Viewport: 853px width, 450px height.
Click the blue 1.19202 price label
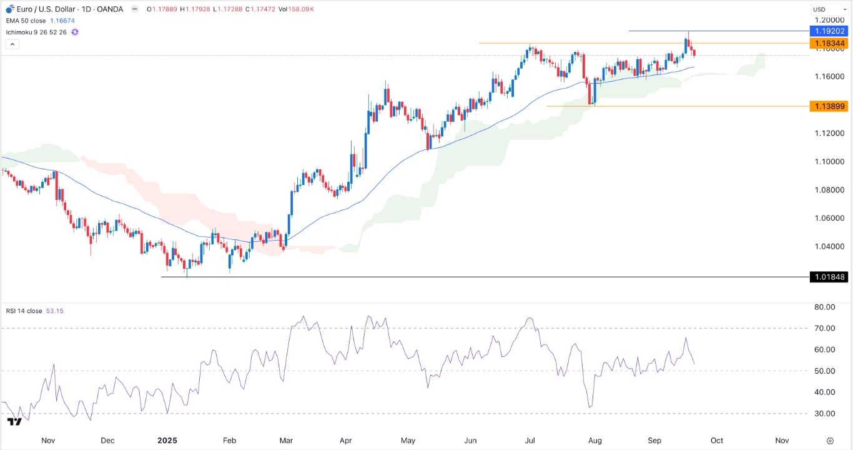tap(827, 31)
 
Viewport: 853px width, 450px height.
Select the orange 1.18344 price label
tap(827, 43)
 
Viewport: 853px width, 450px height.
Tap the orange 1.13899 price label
tap(827, 106)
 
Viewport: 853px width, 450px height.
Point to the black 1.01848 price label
tap(827, 277)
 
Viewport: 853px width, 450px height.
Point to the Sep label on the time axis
tap(654, 440)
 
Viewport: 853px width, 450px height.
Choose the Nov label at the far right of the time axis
tap(781, 440)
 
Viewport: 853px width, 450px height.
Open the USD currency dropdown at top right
tap(828, 9)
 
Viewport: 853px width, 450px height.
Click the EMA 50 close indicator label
tap(26, 20)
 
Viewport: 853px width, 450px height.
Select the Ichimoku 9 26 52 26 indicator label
tap(37, 31)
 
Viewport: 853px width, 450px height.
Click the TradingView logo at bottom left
tap(14, 422)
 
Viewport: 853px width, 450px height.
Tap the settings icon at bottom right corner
tap(829, 440)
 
